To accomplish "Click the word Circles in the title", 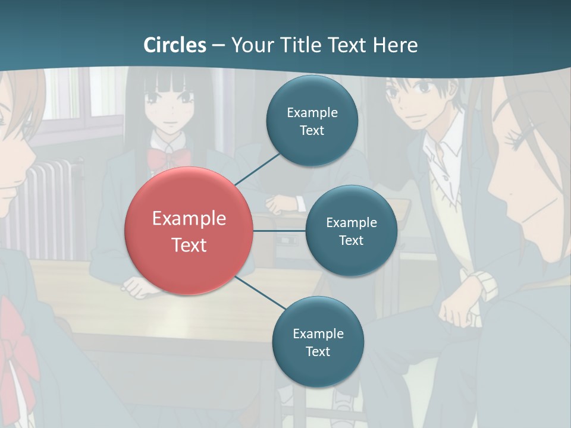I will pos(174,45).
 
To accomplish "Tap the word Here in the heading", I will pos(395,45).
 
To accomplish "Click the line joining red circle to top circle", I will pos(257,168).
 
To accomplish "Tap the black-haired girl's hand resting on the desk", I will pos(138,288).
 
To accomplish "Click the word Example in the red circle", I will pos(189,219).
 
